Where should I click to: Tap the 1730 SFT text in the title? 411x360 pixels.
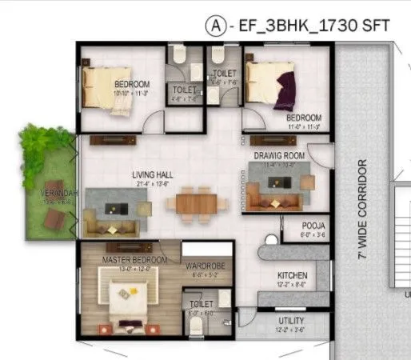coord(353,26)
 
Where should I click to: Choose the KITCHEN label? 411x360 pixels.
coord(292,274)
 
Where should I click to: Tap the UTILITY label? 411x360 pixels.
coord(291,321)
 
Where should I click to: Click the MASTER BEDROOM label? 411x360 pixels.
coord(134,261)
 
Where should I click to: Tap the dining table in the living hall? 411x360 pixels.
coord(191,202)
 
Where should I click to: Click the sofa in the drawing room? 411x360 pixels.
coord(276,194)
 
